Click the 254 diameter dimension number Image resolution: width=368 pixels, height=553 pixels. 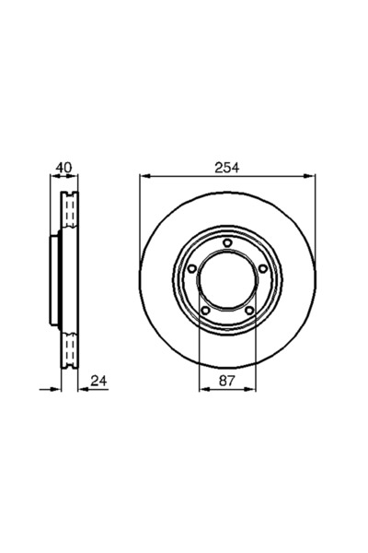click(x=226, y=167)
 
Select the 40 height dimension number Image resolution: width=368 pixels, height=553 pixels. click(x=63, y=167)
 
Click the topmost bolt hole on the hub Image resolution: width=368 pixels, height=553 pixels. click(x=226, y=242)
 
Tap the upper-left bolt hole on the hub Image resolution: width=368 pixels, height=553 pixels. click(x=191, y=268)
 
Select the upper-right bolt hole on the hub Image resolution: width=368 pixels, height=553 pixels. click(x=262, y=268)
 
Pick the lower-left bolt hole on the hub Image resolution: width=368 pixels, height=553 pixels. click(x=204, y=310)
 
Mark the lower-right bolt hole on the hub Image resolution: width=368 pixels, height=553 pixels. click(x=248, y=310)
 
